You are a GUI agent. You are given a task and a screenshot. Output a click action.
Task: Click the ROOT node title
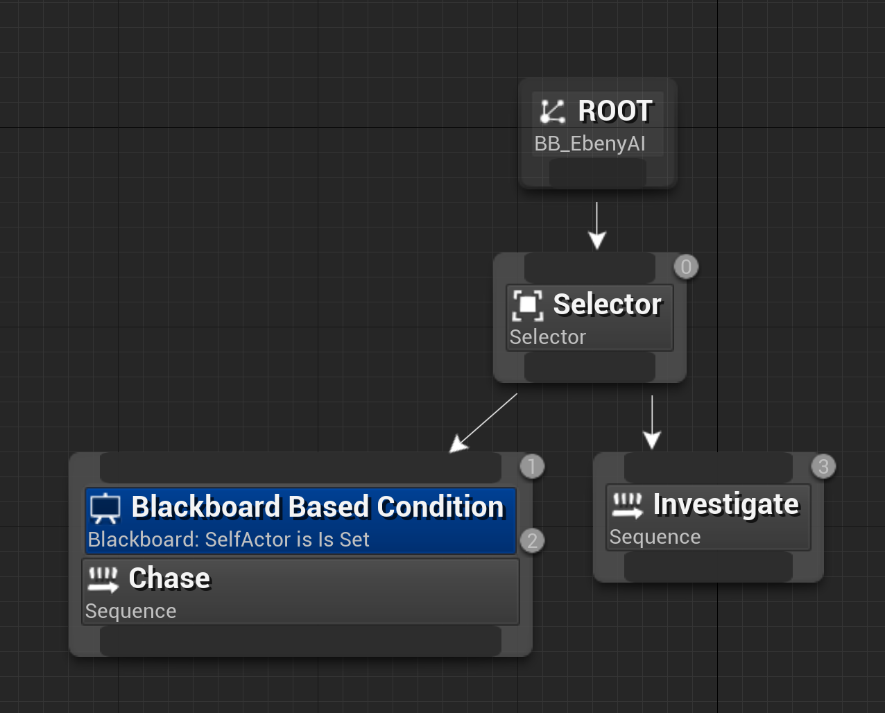[x=615, y=111]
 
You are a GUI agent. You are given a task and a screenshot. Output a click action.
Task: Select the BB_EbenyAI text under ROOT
[x=590, y=144]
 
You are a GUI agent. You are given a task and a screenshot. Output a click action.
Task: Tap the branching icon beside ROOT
[x=553, y=111]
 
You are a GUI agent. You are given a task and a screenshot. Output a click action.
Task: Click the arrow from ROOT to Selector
[x=596, y=225]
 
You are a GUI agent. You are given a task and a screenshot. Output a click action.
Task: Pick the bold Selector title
[x=607, y=304]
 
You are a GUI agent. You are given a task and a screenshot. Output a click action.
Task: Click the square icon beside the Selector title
[x=528, y=304]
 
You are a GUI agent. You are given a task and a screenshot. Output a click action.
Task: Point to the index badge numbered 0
[x=686, y=267]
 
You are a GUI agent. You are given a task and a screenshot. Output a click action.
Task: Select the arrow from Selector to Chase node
[x=483, y=423]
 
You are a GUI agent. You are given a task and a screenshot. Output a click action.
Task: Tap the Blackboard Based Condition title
[x=318, y=507]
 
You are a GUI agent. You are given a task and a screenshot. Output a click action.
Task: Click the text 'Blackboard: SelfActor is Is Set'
[x=229, y=540]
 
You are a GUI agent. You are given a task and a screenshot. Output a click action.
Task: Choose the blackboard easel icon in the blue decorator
[x=105, y=508]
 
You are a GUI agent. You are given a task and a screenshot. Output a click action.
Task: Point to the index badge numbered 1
[x=532, y=467]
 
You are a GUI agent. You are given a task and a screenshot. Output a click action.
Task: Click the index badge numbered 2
[x=532, y=541]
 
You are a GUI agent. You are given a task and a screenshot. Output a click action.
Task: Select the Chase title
[x=169, y=578]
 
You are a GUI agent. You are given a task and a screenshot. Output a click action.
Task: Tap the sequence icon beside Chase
[x=103, y=579]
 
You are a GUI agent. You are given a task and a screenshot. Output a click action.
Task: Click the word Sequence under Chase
[x=130, y=611]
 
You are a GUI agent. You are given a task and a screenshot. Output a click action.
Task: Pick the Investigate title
[x=726, y=504]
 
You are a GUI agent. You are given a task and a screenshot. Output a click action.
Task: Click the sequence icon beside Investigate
[x=628, y=505]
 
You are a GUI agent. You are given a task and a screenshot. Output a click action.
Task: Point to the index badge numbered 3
[x=823, y=467]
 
